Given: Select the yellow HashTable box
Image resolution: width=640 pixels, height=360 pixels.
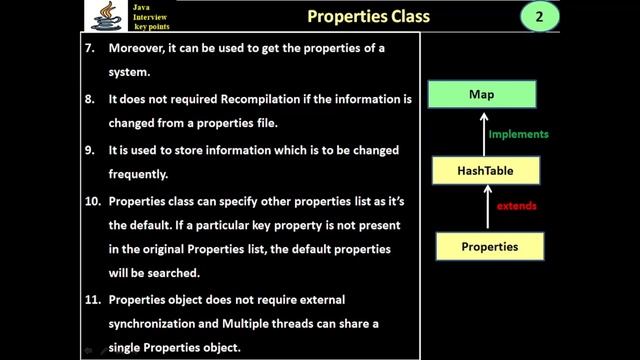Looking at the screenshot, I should coord(487,171).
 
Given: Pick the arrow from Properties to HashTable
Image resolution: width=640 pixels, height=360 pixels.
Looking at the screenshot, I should coord(487,208).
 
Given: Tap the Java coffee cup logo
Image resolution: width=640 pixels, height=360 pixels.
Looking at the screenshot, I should coord(100,17).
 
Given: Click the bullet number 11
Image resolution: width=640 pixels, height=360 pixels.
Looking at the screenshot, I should coord(91,299).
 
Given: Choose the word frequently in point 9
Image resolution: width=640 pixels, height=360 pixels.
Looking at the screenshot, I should coord(140,174).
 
